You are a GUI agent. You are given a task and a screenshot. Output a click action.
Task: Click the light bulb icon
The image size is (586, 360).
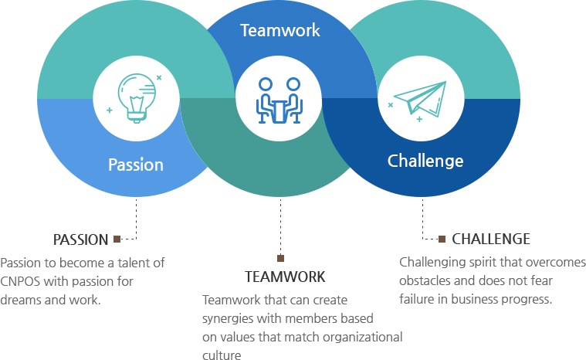[137, 98]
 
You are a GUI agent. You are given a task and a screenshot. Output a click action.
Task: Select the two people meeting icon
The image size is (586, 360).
[279, 100]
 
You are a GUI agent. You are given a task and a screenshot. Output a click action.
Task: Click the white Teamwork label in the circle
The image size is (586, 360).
[280, 30]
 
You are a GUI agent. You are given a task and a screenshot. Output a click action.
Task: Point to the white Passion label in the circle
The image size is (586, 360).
[136, 165]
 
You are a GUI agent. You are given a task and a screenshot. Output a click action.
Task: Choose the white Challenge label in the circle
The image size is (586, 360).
[425, 161]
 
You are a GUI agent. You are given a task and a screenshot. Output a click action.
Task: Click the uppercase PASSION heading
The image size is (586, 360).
[81, 239]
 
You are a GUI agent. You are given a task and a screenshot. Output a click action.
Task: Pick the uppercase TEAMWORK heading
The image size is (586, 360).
[285, 277]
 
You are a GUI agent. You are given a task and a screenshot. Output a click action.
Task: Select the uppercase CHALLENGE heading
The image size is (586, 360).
[491, 239]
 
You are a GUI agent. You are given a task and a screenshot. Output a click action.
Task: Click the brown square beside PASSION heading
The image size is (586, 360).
[117, 239]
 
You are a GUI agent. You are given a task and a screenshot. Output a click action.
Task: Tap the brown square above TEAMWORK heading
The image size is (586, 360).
[281, 258]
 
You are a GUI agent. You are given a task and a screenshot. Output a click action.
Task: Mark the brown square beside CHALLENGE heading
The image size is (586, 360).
[442, 239]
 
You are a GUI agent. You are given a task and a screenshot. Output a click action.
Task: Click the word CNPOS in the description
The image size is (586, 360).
[20, 281]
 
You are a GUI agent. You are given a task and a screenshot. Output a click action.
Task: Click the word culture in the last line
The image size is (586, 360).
[222, 355]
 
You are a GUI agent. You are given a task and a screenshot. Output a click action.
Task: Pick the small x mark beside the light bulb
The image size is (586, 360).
[159, 78]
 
